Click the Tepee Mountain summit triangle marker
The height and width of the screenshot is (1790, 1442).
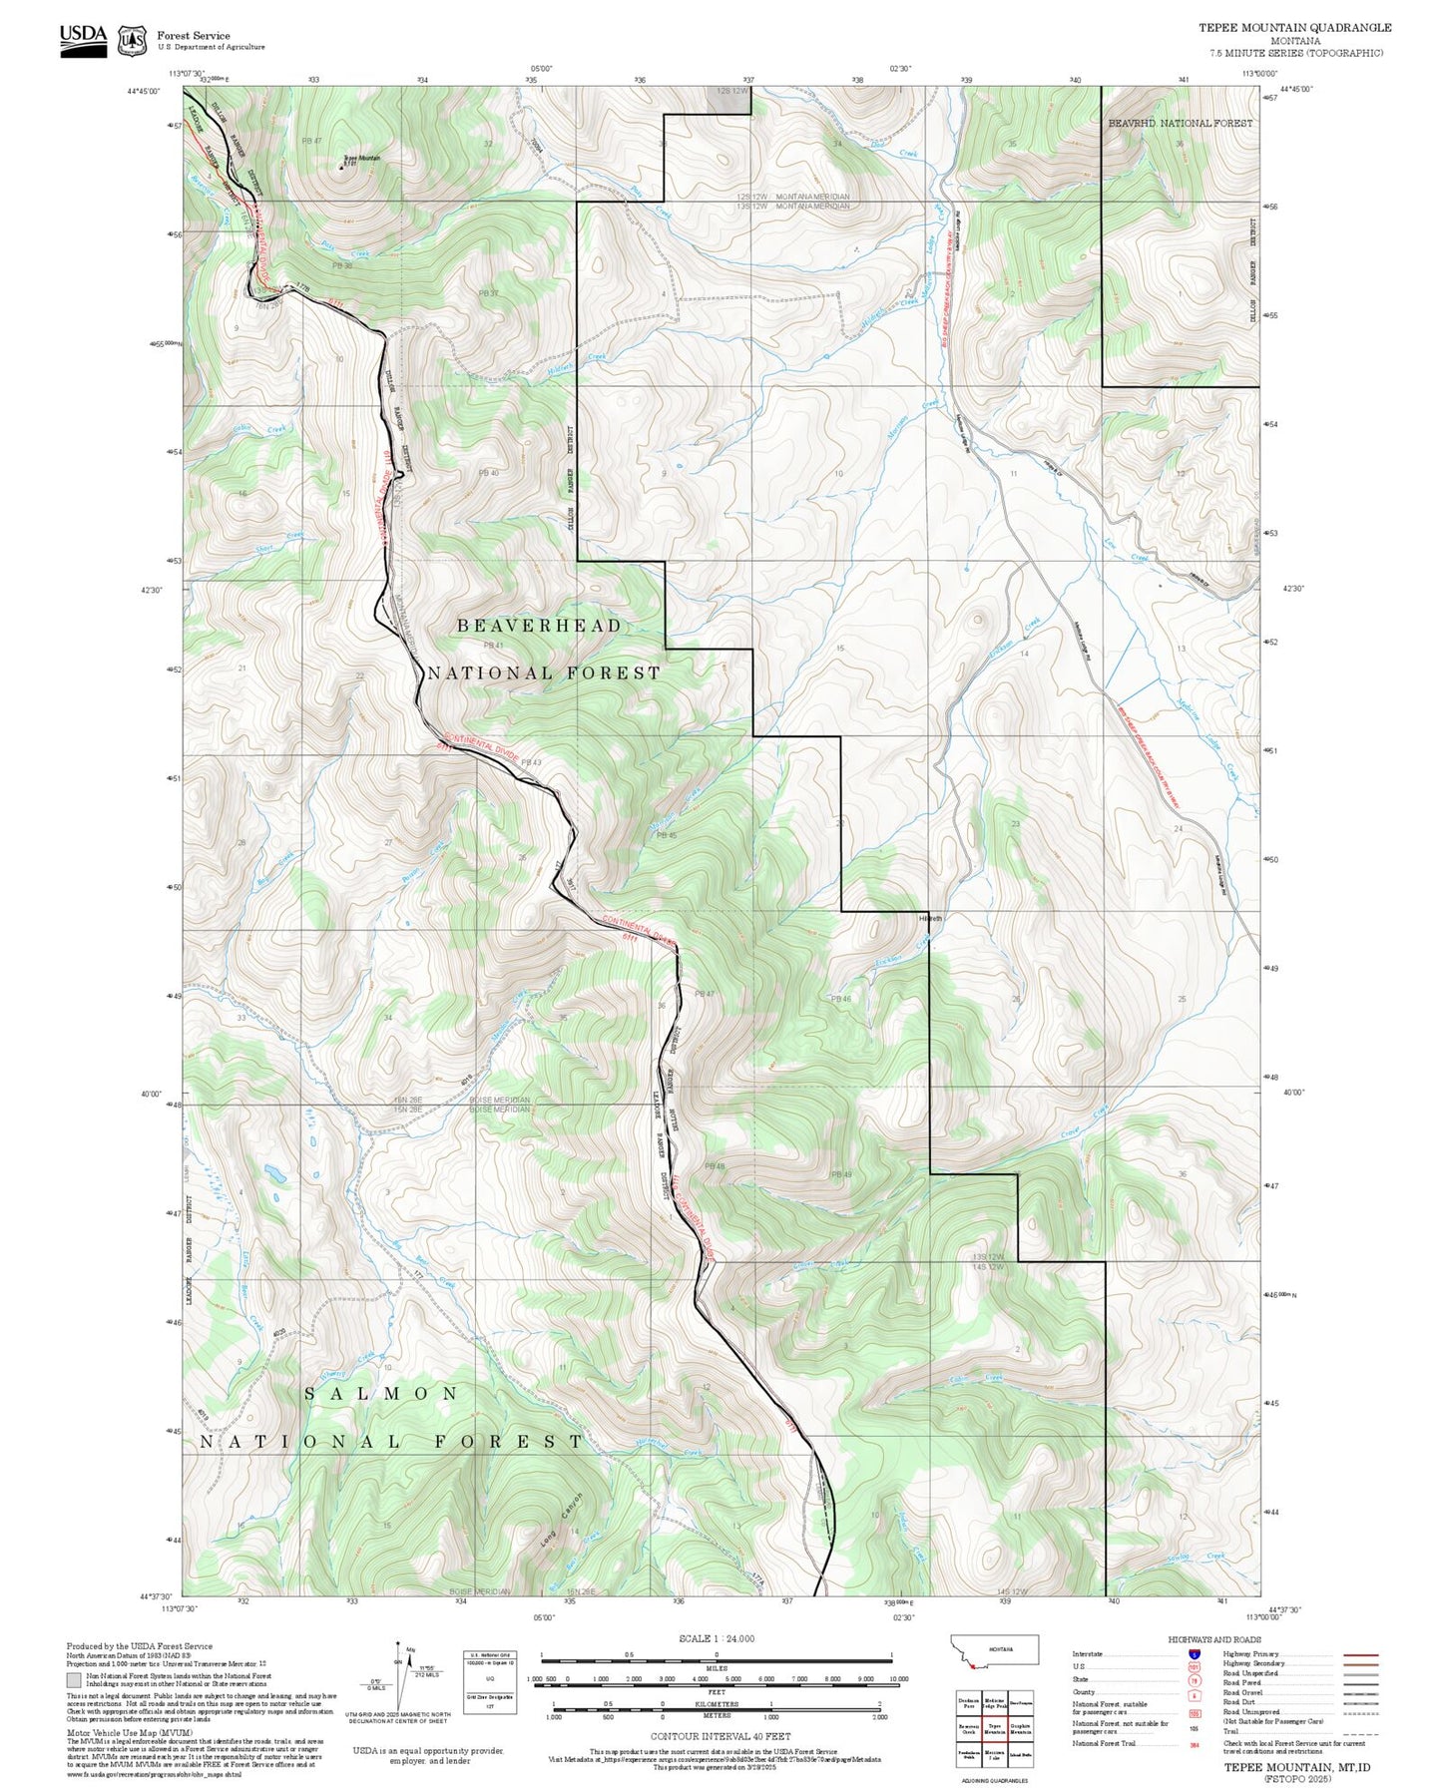pyautogui.click(x=340, y=167)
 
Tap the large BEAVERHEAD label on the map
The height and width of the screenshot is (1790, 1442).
pyautogui.click(x=539, y=626)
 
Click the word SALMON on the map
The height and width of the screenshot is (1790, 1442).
pyautogui.click(x=381, y=1393)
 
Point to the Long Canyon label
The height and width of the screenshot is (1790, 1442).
pyautogui.click(x=559, y=1520)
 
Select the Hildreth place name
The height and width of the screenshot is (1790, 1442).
pyautogui.click(x=929, y=918)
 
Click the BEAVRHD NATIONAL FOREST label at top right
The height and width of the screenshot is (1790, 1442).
pyautogui.click(x=1180, y=123)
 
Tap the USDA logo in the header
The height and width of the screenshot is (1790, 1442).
pyautogui.click(x=83, y=37)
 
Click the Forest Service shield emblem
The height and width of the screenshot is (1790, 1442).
pyautogui.click(x=131, y=41)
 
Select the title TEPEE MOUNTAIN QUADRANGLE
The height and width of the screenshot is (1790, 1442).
pyautogui.click(x=1294, y=28)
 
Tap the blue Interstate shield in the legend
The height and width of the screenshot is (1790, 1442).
pyautogui.click(x=1194, y=1654)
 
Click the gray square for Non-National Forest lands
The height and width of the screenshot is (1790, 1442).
pyautogui.click(x=74, y=1679)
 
